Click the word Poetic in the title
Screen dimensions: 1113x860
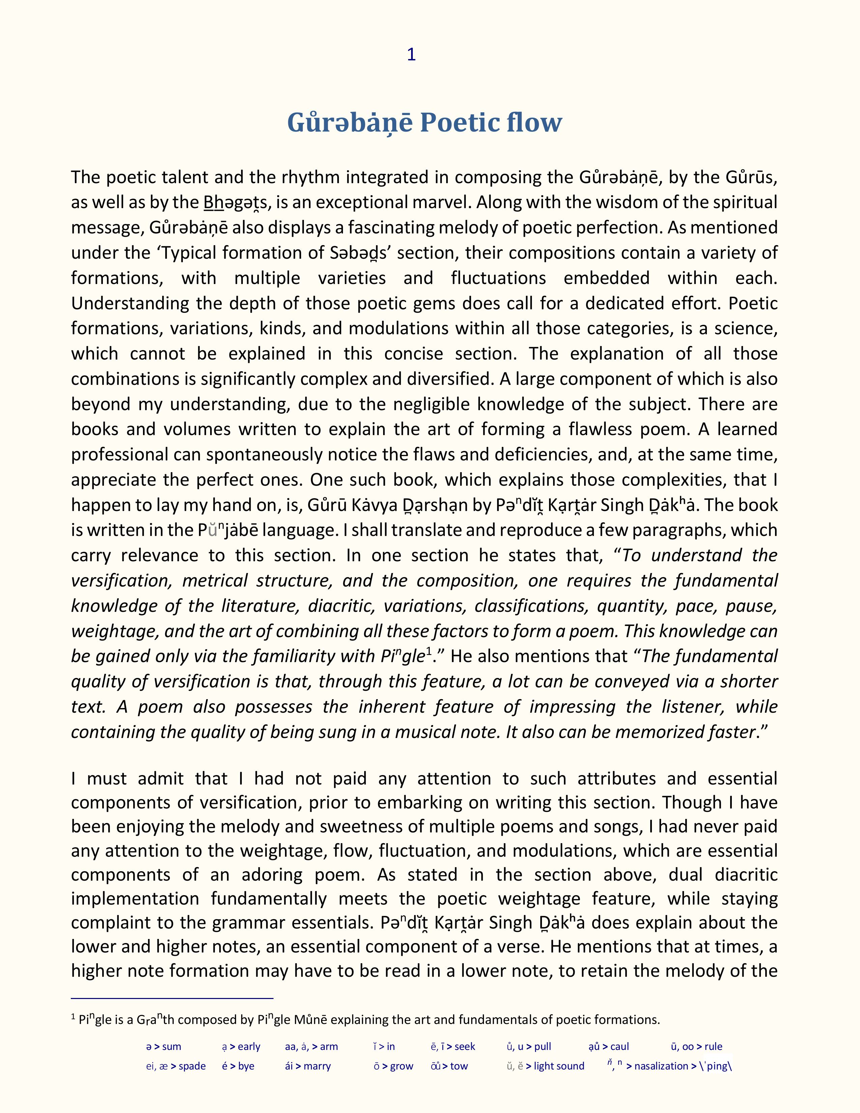(459, 122)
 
